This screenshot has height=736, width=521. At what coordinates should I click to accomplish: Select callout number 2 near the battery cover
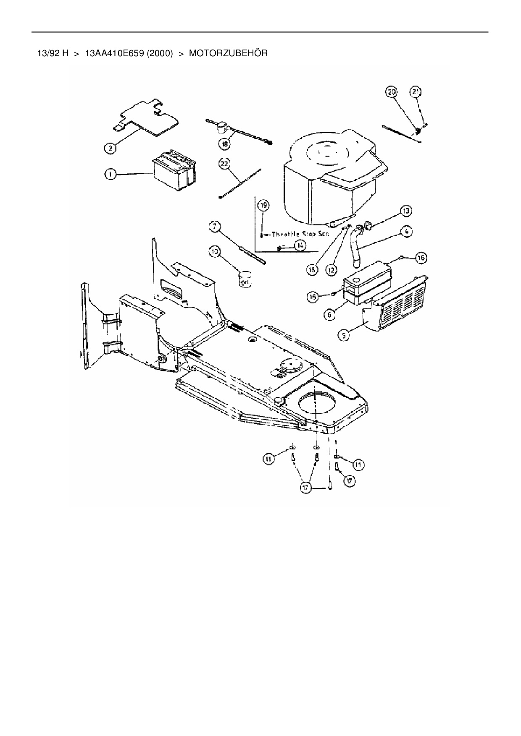point(110,148)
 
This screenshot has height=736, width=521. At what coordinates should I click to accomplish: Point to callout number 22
point(224,164)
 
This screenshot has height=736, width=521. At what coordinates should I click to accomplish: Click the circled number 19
point(263,206)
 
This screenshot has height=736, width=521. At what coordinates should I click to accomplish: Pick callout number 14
point(300,245)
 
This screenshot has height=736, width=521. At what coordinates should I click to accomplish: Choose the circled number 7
point(215,227)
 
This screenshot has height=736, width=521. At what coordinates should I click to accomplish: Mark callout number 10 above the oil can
point(215,252)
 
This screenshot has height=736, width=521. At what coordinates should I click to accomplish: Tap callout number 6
point(330,314)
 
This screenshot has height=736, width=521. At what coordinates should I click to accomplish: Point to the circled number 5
point(344,335)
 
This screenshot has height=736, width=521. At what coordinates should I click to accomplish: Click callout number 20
point(392,92)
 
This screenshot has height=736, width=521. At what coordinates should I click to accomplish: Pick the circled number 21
point(416,92)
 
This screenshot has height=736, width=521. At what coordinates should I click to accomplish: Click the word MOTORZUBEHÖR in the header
point(228,54)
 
